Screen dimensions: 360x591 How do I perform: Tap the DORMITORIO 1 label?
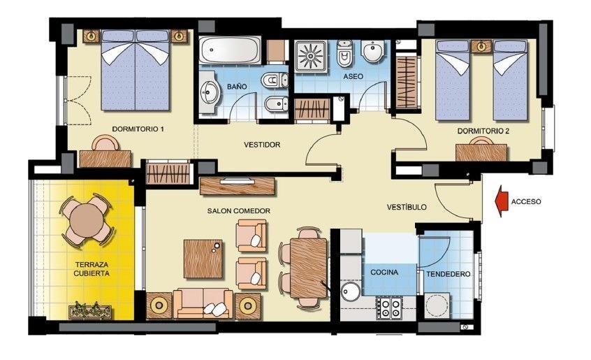tap(138, 129)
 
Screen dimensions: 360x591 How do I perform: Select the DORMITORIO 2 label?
tap(483, 131)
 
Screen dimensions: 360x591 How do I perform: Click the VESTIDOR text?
tap(262, 145)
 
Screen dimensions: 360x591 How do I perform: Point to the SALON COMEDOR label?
tap(238, 210)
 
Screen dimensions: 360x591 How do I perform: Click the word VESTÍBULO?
tap(407, 208)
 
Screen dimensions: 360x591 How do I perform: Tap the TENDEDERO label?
tap(448, 274)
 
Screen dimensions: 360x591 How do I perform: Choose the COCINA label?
tap(384, 272)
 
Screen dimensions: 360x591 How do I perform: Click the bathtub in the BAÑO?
tap(230, 51)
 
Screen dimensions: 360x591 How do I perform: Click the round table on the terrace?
tap(87, 219)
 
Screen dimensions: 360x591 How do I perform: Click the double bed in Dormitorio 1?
tap(135, 70)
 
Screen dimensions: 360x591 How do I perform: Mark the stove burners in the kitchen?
tap(388, 308)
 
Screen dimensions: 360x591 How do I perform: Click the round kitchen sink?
tap(350, 291)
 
